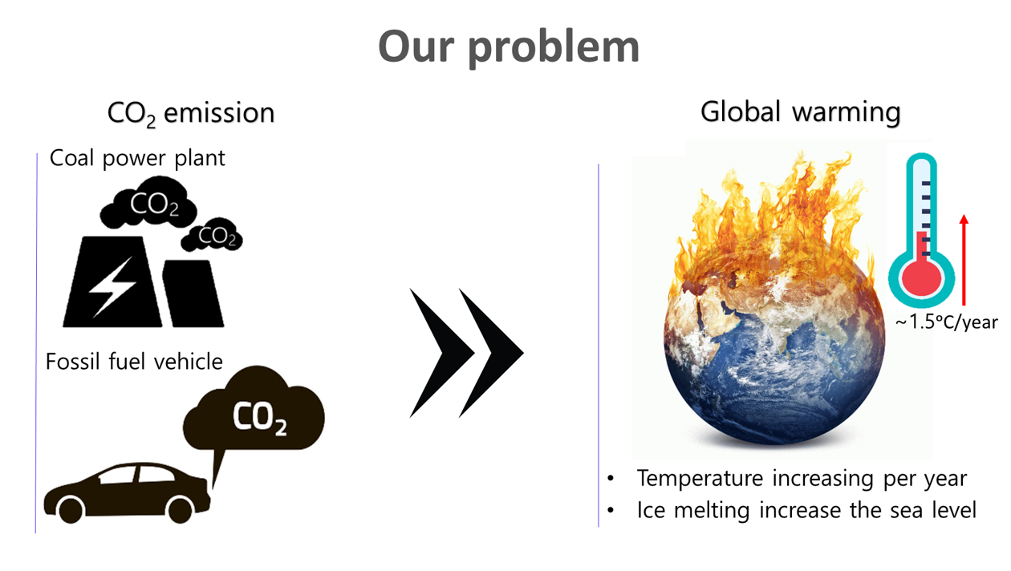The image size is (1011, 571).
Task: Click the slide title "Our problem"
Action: coord(509,47)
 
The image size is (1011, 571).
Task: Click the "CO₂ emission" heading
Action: coord(191,113)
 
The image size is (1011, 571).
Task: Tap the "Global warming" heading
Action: coord(800,111)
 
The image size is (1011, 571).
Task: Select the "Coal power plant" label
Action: coord(137,158)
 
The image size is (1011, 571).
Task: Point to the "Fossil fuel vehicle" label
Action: coord(134,362)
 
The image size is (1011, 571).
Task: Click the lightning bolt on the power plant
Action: coord(112,287)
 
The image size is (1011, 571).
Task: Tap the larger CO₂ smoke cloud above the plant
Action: coord(148,202)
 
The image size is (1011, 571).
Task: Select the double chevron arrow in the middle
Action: coord(466,353)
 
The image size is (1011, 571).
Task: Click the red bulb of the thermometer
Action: coord(921,277)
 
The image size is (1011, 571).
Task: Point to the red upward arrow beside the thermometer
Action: coord(964,260)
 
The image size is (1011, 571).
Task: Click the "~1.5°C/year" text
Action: coord(947,322)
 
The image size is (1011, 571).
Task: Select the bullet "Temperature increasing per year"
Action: coord(801,479)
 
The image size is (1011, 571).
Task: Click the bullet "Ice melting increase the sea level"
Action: coord(806,511)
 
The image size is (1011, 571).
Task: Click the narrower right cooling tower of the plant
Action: coord(193,294)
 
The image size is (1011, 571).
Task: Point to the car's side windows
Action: coord(136,475)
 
